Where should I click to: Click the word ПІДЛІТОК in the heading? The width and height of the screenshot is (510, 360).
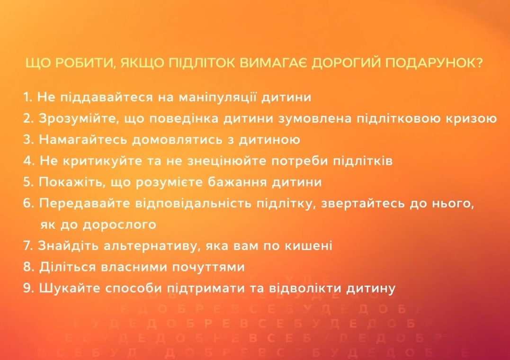pyautogui.click(x=203, y=63)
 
